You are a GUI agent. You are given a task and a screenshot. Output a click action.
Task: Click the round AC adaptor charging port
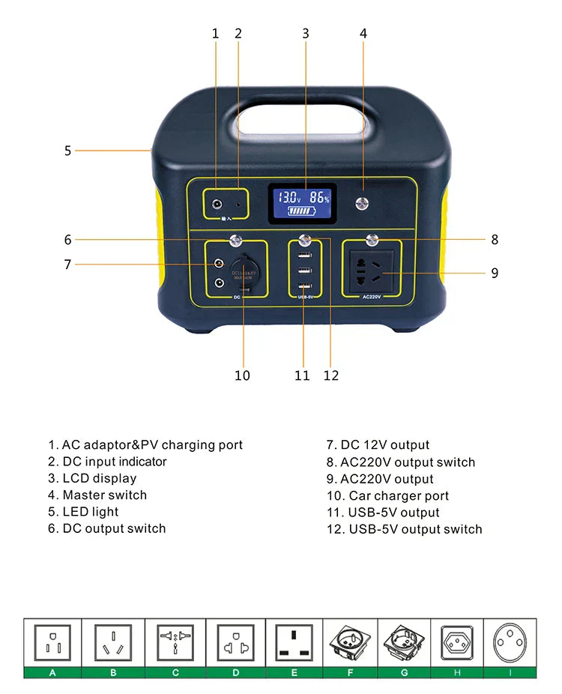(x=218, y=204)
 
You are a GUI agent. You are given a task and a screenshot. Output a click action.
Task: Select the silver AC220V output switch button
(x=371, y=241)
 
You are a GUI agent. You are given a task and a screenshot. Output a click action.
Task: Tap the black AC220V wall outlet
(x=372, y=273)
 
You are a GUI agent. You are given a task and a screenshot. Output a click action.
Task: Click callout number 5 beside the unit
(x=67, y=151)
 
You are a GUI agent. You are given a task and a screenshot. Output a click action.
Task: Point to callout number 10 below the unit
(x=242, y=375)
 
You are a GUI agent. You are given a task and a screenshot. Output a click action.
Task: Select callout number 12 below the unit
(x=331, y=375)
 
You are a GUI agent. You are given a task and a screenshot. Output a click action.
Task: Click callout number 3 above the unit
(x=306, y=33)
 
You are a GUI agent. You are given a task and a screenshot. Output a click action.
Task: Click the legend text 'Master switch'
(x=104, y=495)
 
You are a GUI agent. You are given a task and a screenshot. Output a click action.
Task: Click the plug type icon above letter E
(x=294, y=643)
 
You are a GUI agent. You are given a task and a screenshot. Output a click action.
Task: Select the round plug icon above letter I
(x=510, y=643)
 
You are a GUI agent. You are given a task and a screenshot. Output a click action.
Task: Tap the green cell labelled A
(x=52, y=672)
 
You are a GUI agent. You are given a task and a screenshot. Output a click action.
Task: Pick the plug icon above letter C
(x=175, y=643)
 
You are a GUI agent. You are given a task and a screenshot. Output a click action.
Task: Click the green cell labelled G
(x=405, y=672)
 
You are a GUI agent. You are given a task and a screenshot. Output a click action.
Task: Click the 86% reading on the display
(x=320, y=198)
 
